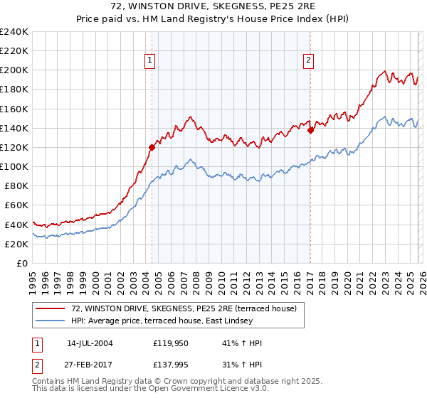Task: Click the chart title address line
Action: point(213,6)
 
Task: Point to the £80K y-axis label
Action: point(16,186)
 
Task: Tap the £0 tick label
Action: point(21,263)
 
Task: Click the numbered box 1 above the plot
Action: point(151,61)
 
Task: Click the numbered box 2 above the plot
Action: point(309,61)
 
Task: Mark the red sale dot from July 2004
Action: point(152,148)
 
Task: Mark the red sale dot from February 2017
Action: point(310,130)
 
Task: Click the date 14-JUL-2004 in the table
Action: point(90,343)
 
